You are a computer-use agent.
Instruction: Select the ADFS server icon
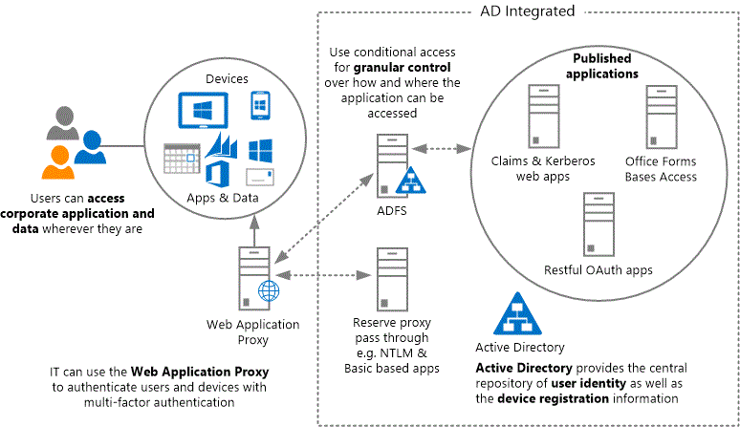[x=389, y=163]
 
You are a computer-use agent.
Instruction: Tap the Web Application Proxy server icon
[x=251, y=276]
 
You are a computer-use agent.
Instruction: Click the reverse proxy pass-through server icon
[x=388, y=276]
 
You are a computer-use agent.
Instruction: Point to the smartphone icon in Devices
[x=259, y=106]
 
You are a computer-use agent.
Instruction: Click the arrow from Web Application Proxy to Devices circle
[x=251, y=227]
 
